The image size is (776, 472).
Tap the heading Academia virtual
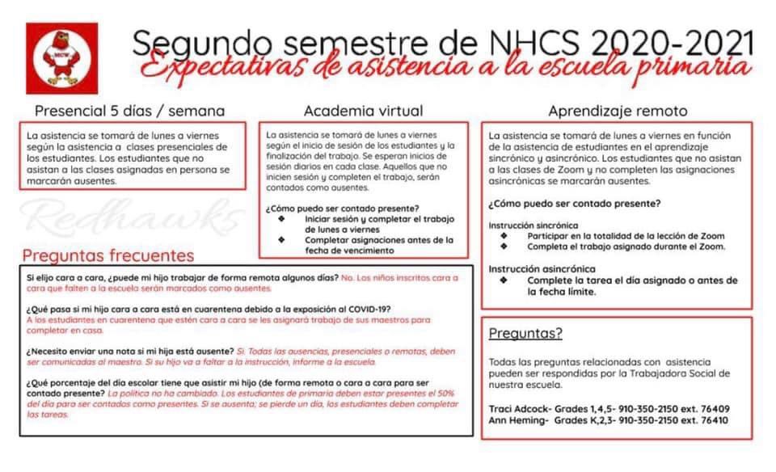(363, 111)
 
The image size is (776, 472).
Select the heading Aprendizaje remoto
(618, 111)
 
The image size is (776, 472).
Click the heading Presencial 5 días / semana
(129, 111)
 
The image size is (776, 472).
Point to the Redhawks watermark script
(129, 217)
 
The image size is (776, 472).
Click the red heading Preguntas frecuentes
(108, 255)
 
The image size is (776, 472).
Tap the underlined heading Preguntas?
(525, 333)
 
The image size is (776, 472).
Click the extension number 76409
(711, 408)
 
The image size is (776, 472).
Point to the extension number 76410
(711, 420)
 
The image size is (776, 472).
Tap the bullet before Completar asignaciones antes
(281, 240)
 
